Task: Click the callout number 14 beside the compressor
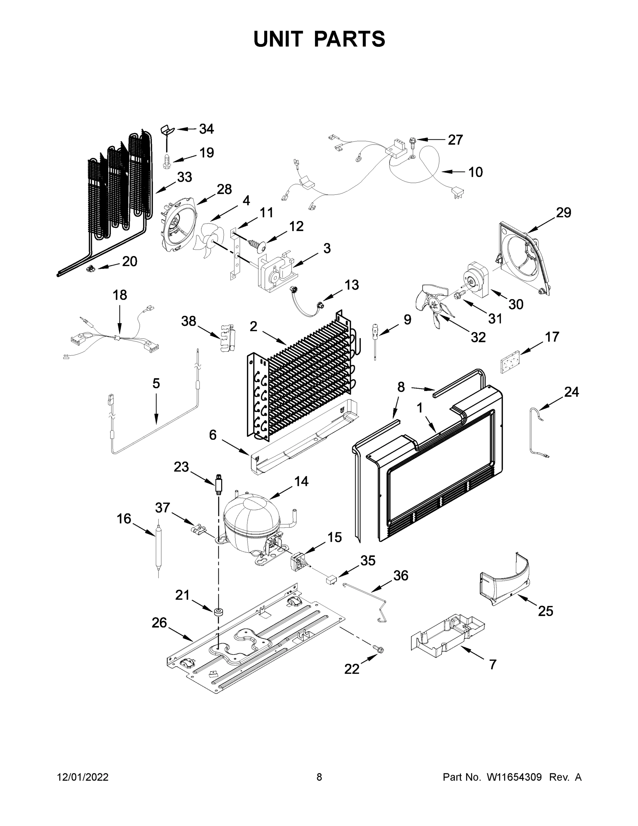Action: (301, 481)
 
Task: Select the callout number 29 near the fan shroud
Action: (563, 213)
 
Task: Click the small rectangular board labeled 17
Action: (510, 362)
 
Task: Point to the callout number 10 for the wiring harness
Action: (475, 172)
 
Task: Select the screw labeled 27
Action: (412, 142)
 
